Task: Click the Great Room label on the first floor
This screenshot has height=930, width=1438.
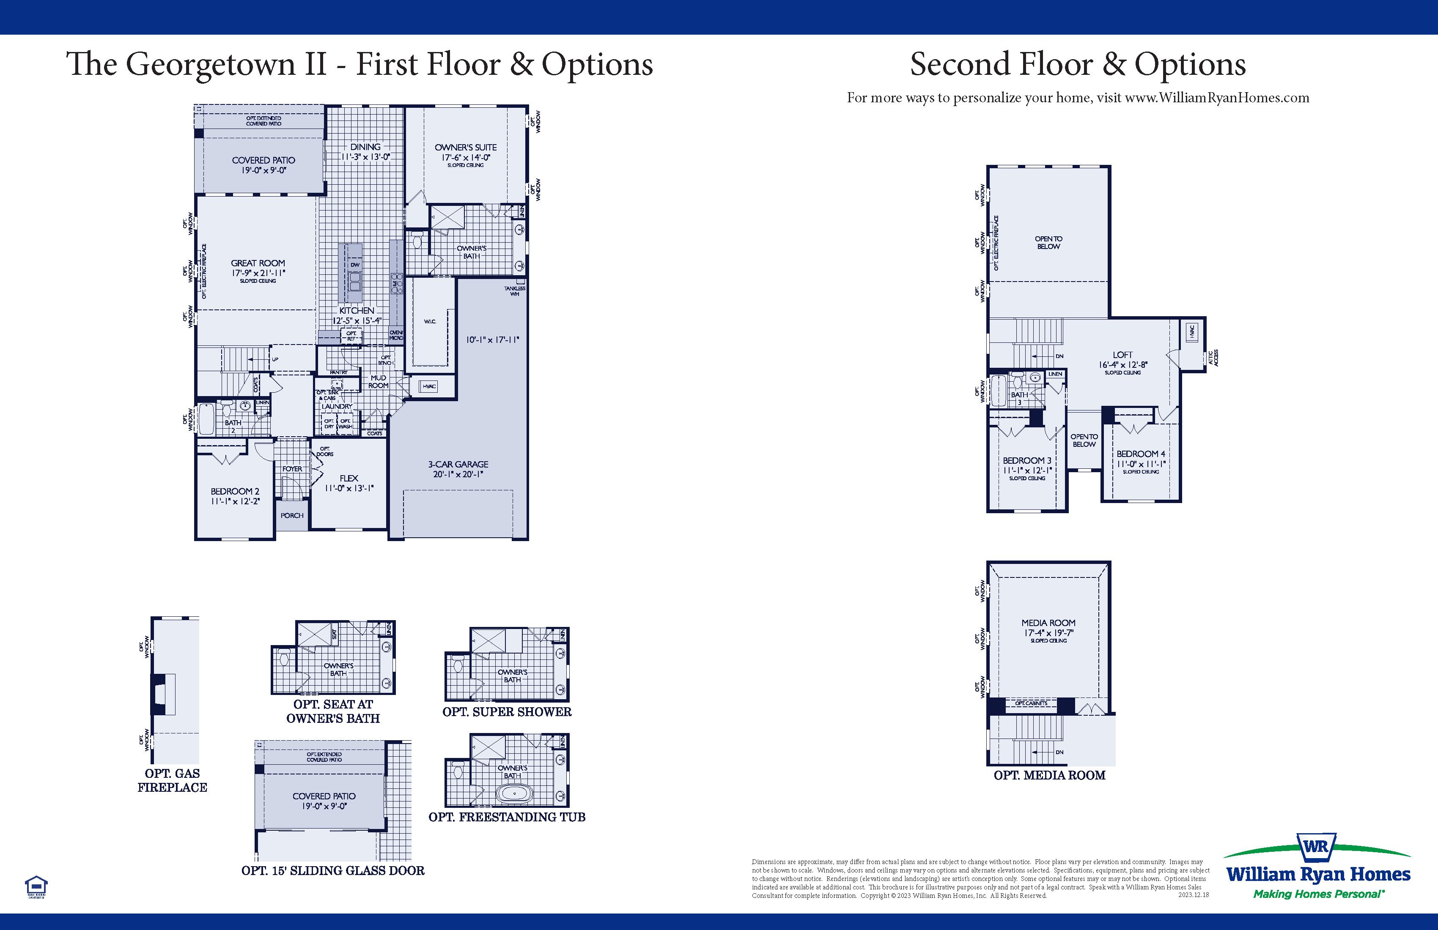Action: point(258,263)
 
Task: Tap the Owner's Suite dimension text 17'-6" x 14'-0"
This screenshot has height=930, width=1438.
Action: point(465,158)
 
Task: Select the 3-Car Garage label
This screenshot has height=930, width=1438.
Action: point(458,465)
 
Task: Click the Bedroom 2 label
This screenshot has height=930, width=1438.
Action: point(235,492)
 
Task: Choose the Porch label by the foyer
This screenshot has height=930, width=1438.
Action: point(292,516)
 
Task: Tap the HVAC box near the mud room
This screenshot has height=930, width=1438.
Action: point(429,386)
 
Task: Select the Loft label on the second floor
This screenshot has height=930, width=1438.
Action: point(1122,355)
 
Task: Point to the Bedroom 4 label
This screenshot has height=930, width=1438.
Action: point(1141,454)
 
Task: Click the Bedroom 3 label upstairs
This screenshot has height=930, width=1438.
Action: point(1027,461)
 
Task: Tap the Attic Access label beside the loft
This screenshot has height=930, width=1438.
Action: point(1214,358)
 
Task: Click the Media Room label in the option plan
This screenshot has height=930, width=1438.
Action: point(1048,623)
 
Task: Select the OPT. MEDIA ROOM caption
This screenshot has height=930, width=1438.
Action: point(1049,775)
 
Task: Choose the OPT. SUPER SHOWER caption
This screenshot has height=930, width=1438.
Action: point(507,712)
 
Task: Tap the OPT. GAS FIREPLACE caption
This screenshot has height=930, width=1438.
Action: point(172,780)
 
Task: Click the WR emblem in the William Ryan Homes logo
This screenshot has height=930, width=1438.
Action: point(1316,846)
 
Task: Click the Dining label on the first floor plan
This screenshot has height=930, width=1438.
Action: point(365,147)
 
